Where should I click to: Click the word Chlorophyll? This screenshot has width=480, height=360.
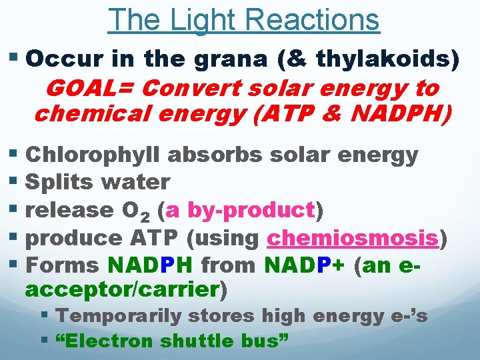click(93, 155)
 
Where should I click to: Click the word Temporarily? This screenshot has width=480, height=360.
click(127, 315)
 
